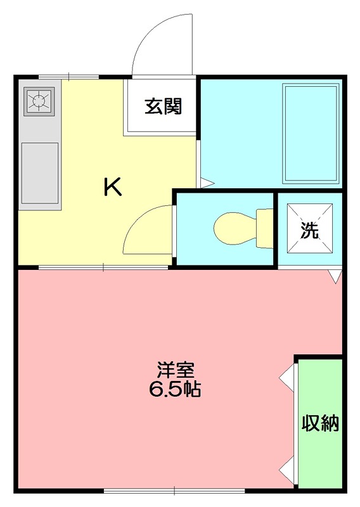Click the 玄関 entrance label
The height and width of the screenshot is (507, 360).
point(164,106)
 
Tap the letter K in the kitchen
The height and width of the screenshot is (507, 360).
point(113,187)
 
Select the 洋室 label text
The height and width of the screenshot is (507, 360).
point(176,371)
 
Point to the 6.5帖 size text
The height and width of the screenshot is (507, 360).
point(175,389)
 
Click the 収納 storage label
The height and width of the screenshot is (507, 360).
point(320,423)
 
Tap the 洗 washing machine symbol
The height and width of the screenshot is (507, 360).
point(309,230)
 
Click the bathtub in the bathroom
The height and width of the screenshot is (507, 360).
point(310,134)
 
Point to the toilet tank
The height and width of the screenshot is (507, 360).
point(264,229)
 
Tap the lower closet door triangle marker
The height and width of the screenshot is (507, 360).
point(287,470)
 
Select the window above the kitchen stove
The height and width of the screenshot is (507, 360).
point(68,77)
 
